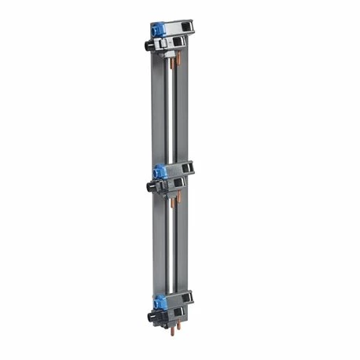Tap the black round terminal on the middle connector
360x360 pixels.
click(x=149, y=184)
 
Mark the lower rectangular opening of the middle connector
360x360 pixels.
click(x=179, y=182)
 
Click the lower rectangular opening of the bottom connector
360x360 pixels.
click(x=179, y=314)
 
